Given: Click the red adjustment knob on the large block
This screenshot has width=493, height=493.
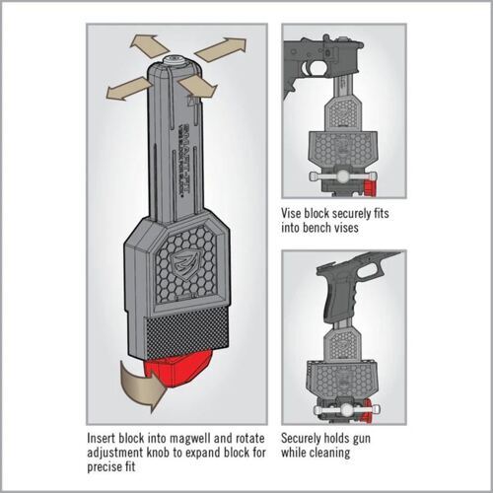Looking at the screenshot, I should [186, 373].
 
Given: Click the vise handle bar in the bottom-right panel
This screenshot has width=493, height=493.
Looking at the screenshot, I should [334, 403].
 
